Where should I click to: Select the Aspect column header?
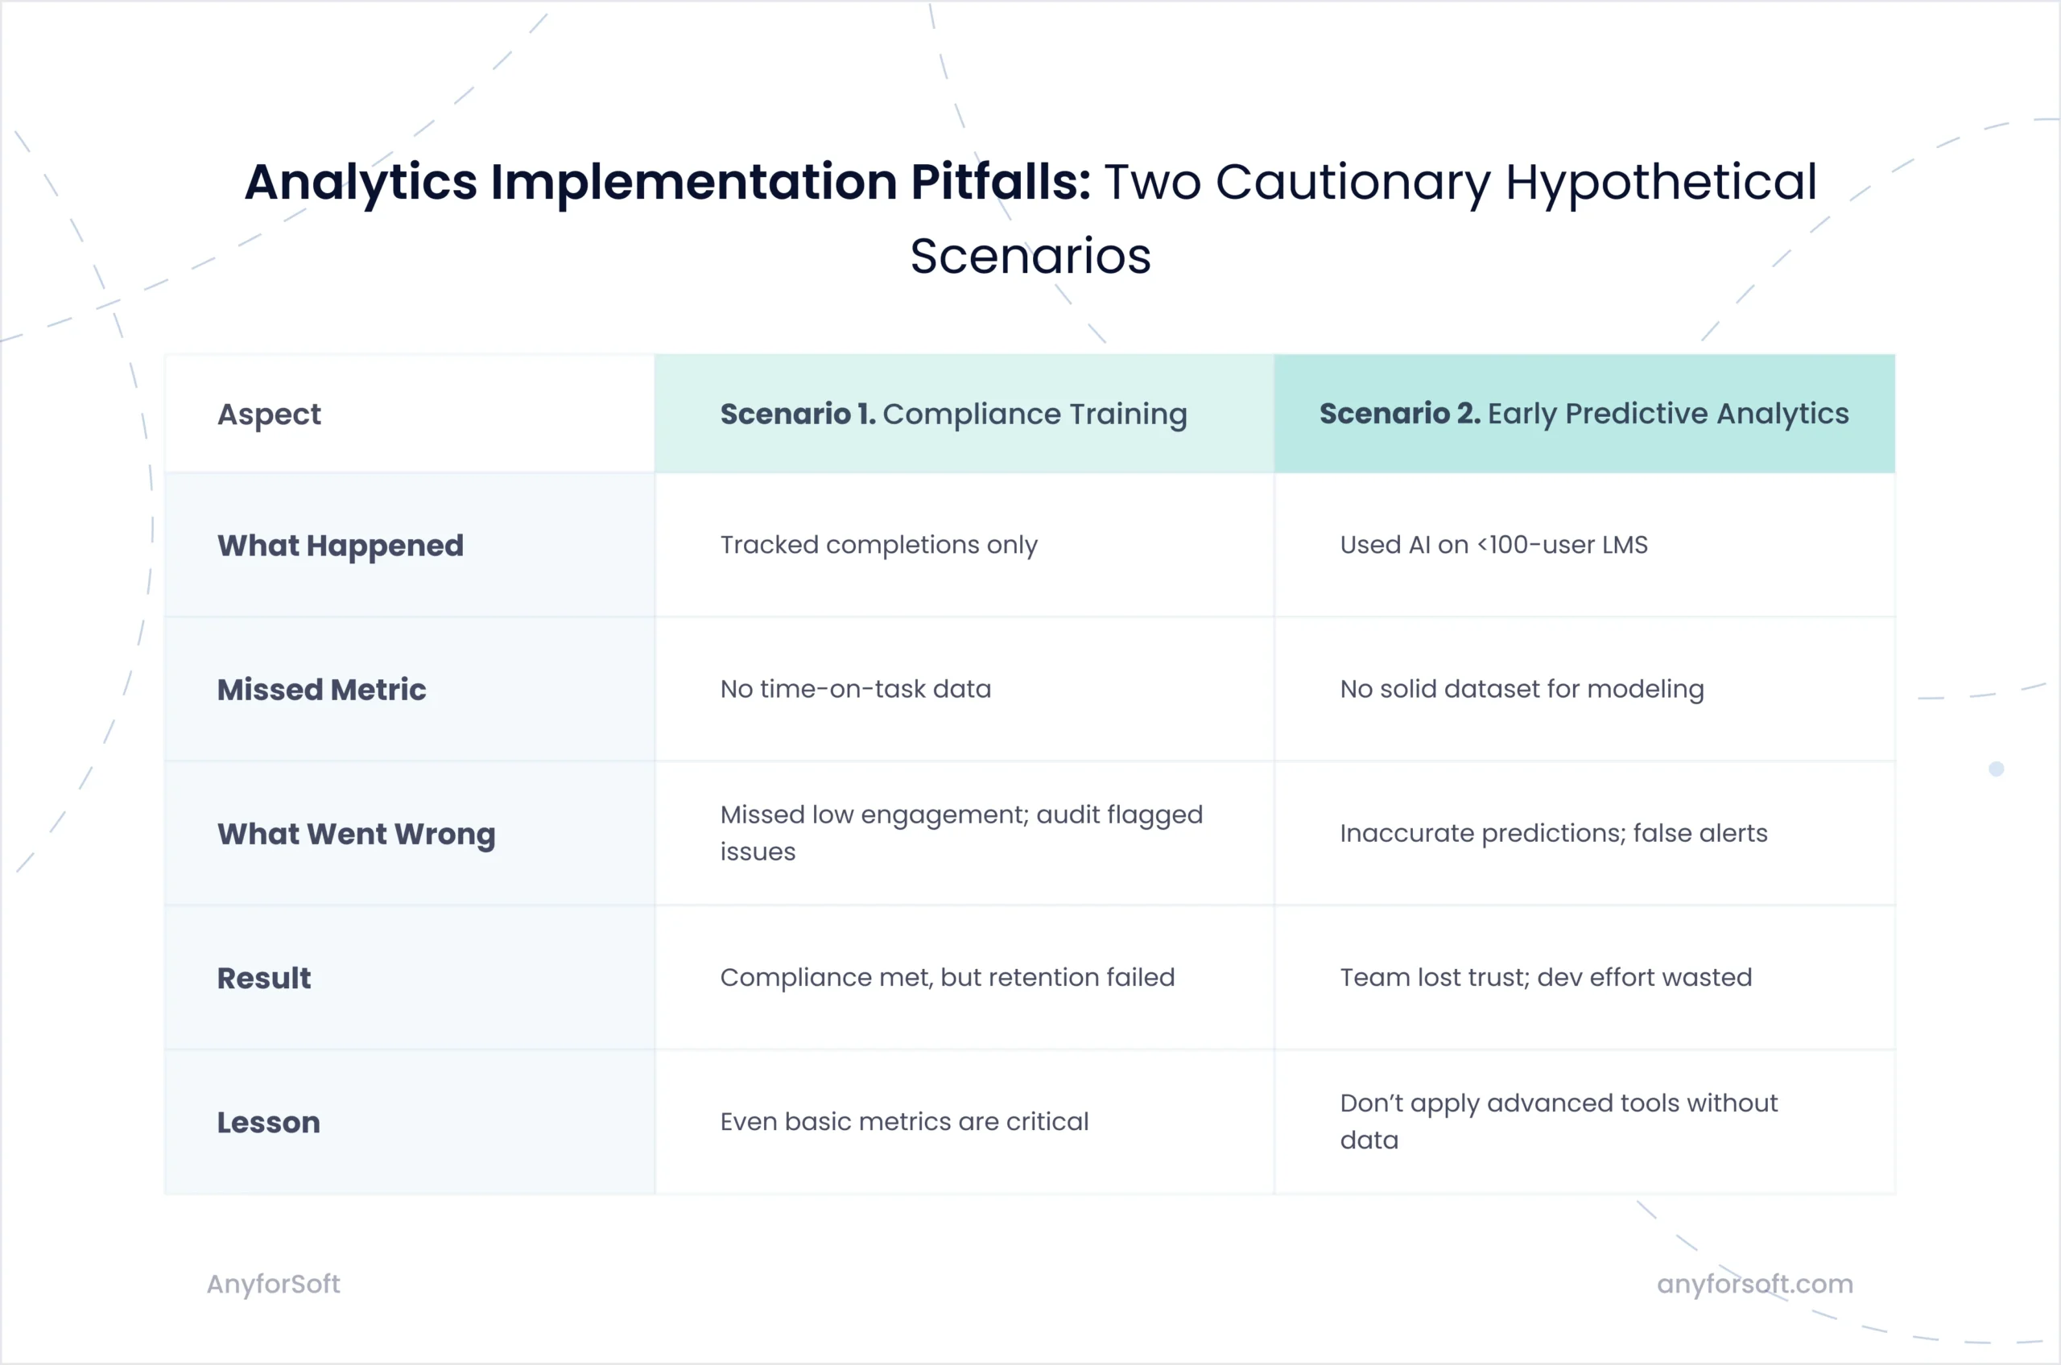pyautogui.click(x=269, y=414)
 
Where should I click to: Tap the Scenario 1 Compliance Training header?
pyautogui.click(x=953, y=414)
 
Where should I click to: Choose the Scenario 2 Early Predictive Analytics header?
pyautogui.click(x=1584, y=414)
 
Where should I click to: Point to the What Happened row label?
pyautogui.click(x=341, y=546)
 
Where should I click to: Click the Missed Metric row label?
pyautogui.click(x=321, y=690)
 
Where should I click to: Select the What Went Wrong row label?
pyautogui.click(x=356, y=834)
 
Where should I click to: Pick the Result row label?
pyautogui.click(x=264, y=979)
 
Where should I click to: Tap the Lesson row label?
pyautogui.click(x=268, y=1123)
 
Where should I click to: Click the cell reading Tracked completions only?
pyautogui.click(x=878, y=545)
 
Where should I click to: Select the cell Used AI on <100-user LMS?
pyautogui.click(x=1493, y=545)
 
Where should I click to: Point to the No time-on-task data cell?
pyautogui.click(x=855, y=690)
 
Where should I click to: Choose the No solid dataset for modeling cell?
pyautogui.click(x=1521, y=690)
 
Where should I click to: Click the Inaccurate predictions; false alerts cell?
pyautogui.click(x=1553, y=834)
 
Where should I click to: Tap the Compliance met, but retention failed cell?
pyautogui.click(x=948, y=978)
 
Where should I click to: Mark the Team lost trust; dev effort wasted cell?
pyautogui.click(x=1546, y=978)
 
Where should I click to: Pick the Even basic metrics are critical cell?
pyautogui.click(x=904, y=1122)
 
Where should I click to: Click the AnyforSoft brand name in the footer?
pyautogui.click(x=274, y=1284)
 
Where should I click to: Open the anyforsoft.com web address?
pyautogui.click(x=1754, y=1284)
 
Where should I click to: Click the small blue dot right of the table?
pyautogui.click(x=1997, y=769)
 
